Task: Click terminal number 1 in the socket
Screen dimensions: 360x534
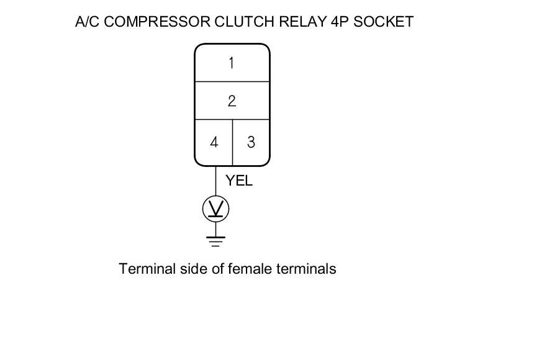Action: (x=232, y=63)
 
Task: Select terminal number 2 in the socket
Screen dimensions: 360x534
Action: (x=232, y=101)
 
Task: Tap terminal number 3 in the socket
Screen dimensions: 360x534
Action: (x=251, y=142)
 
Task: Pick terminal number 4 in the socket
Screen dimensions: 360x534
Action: (x=214, y=142)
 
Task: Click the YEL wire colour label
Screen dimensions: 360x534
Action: (x=239, y=181)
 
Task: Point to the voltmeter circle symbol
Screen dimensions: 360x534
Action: (x=216, y=209)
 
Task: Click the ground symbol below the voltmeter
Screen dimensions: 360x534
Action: (x=216, y=241)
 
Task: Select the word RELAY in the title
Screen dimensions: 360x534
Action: (x=299, y=22)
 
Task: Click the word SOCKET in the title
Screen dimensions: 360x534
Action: (x=382, y=22)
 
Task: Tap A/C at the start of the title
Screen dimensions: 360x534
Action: (x=87, y=22)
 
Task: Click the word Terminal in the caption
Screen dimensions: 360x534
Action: (x=143, y=269)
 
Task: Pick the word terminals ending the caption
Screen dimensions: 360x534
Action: (x=305, y=269)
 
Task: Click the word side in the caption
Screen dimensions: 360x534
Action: (x=187, y=269)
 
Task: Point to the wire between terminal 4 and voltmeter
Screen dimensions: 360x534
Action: (x=216, y=181)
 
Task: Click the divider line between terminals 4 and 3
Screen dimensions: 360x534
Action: (x=232, y=142)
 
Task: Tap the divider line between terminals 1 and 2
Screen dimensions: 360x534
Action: (x=232, y=81)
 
